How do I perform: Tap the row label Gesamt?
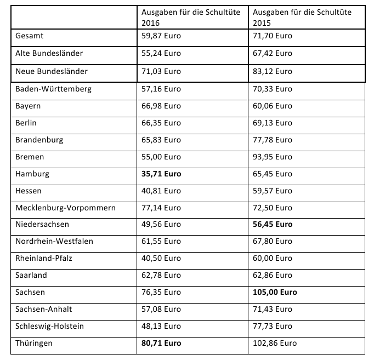point(31,36)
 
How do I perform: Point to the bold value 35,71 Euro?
point(161,174)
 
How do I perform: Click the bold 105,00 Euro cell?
point(275,292)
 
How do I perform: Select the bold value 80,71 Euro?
point(161,343)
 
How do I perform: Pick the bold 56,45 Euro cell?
point(272,224)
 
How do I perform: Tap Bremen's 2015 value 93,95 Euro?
point(271,157)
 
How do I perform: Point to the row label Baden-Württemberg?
point(53,89)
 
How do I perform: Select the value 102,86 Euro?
point(274,343)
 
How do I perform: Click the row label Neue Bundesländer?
point(52,71)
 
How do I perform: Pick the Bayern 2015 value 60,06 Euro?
point(271,106)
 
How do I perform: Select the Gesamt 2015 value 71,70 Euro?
point(271,36)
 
